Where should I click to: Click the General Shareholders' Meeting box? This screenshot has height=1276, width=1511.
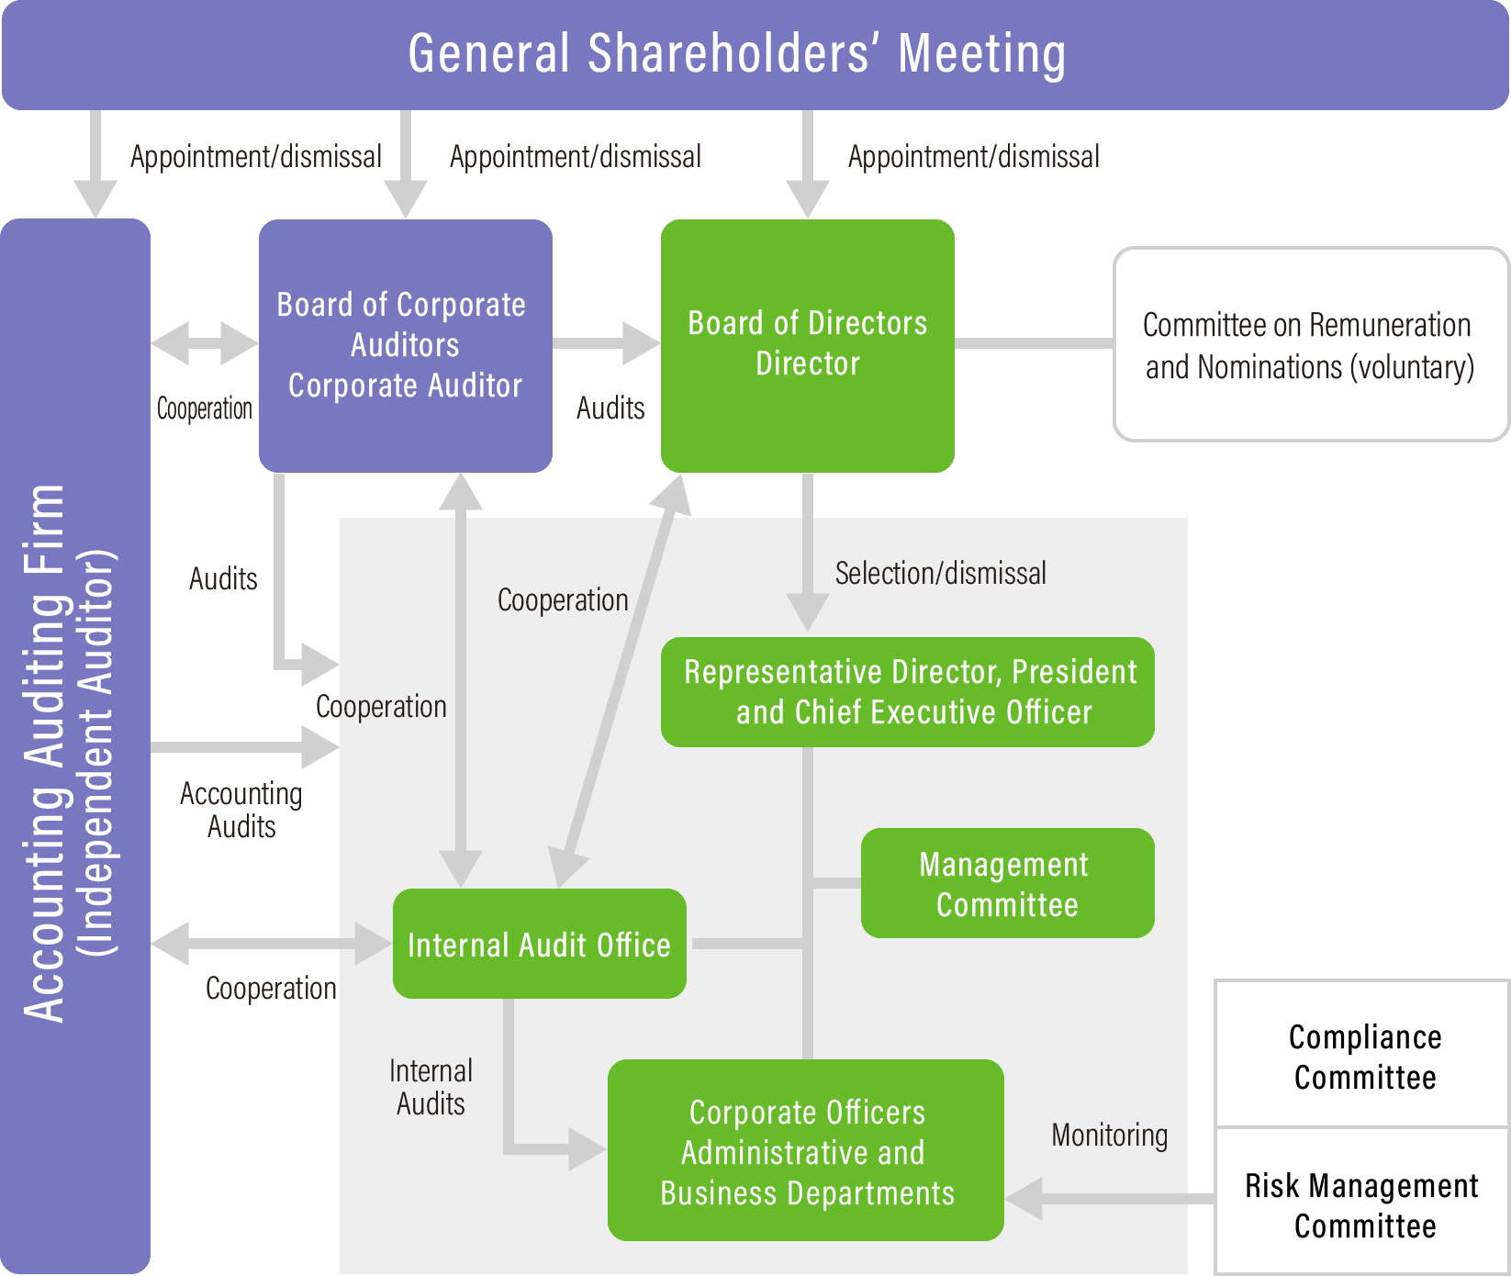point(755,54)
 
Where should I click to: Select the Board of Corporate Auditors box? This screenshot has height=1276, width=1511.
point(405,345)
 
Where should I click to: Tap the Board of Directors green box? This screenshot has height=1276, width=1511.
point(807,345)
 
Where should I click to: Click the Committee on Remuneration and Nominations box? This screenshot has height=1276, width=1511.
point(1310,345)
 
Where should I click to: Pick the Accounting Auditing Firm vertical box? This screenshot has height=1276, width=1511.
point(74,745)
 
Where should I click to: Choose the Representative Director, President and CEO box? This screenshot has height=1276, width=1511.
point(907,692)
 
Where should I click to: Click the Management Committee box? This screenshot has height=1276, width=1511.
point(1007,883)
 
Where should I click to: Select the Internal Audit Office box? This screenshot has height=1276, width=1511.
point(539,944)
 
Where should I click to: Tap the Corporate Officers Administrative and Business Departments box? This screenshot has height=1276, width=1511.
point(805,1150)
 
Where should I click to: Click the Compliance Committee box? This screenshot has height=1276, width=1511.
point(1364,1056)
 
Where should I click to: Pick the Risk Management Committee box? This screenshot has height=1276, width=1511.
point(1364,1204)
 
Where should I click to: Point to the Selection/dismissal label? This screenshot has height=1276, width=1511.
point(940,574)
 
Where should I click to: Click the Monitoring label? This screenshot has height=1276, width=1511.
point(1109,1135)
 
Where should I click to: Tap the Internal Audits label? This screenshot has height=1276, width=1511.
point(431,1087)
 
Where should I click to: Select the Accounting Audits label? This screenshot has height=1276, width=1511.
point(241,810)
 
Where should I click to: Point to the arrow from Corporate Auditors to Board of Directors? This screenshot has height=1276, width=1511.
point(607,344)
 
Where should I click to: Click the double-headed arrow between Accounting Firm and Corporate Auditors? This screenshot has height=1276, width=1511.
point(204,344)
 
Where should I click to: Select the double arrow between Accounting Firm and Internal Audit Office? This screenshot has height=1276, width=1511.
point(271,944)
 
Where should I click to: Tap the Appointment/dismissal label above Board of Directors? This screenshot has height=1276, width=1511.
point(973,157)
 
